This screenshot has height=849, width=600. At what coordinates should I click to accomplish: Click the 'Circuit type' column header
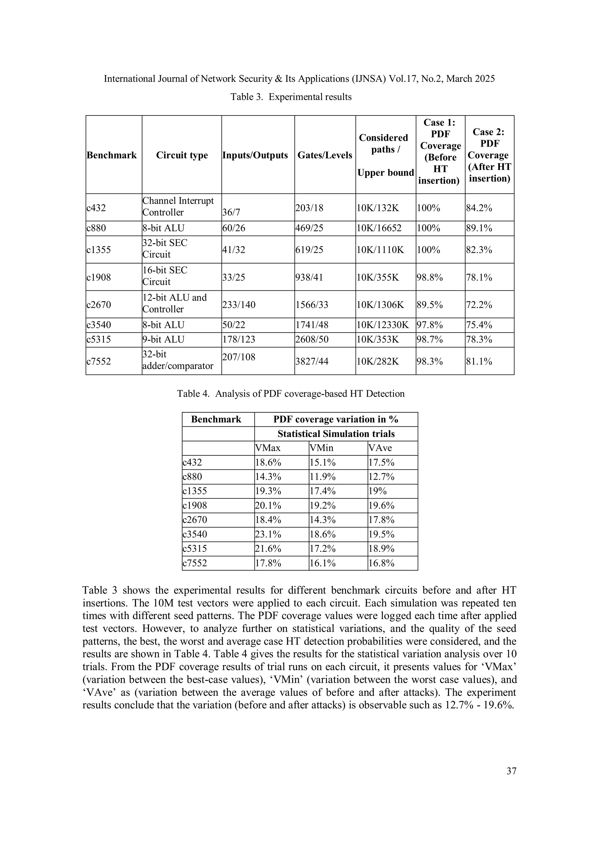(182, 155)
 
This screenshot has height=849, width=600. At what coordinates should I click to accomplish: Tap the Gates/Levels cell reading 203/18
(309, 208)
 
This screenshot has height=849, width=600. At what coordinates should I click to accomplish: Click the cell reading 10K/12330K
(383, 325)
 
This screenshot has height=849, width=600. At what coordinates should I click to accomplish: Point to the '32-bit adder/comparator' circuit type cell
(178, 360)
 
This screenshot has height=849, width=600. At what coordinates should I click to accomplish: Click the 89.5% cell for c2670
(429, 305)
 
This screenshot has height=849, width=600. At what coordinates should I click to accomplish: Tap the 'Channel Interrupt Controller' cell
(178, 206)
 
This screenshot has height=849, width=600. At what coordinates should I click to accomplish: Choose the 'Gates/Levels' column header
(325, 155)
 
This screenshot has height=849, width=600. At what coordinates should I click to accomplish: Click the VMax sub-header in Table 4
(268, 448)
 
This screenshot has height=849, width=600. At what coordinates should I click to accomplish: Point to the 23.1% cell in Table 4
(268, 534)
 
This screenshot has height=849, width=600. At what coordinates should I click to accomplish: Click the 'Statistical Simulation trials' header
(336, 434)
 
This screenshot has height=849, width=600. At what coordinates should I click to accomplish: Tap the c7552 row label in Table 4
(195, 563)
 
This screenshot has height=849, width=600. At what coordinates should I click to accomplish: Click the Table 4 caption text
(291, 394)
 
